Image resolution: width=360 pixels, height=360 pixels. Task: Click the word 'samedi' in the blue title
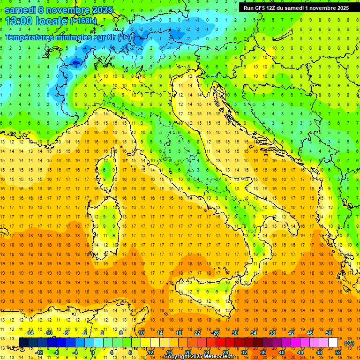pos(20,9)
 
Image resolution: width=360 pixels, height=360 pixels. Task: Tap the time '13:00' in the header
pos(20,21)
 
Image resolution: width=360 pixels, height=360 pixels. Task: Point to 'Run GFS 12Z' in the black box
pos(261,8)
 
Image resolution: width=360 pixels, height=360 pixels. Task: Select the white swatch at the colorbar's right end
pos(333,342)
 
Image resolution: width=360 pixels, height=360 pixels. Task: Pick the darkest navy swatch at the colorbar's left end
pos(23,342)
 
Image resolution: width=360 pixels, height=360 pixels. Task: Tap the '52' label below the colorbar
pos(338,352)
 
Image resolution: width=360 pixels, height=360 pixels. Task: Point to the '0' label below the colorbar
pos(93,352)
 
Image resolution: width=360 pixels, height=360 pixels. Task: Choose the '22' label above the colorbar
pos(197,333)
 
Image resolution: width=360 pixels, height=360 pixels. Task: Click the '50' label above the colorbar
pos(328,333)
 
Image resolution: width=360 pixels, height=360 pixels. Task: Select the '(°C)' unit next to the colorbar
pos(349,343)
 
